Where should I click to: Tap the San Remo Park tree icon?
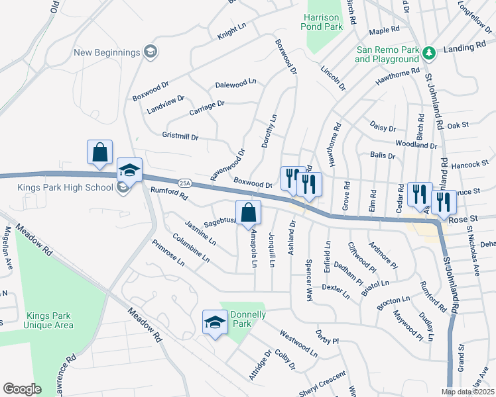click(x=429, y=52)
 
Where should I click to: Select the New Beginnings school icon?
click(x=151, y=52)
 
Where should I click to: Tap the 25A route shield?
click(x=184, y=183)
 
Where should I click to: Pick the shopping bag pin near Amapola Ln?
click(x=249, y=213)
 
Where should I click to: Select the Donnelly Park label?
click(x=247, y=319)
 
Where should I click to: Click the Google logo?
click(x=21, y=389)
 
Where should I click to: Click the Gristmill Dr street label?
click(x=180, y=136)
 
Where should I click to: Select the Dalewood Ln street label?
click(x=235, y=85)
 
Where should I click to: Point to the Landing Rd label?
click(x=467, y=47)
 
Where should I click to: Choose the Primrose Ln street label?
click(x=168, y=252)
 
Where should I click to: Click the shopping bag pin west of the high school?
click(x=99, y=152)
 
